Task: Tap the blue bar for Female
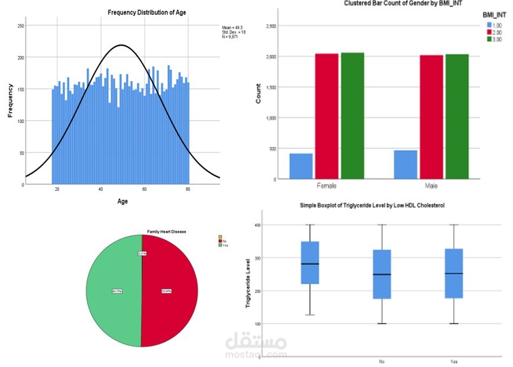(x=301, y=166)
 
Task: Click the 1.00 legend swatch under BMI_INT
(x=489, y=25)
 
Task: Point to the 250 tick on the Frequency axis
(x=21, y=26)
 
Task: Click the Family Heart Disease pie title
(x=166, y=232)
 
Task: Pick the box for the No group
(x=382, y=274)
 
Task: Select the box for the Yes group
(x=453, y=273)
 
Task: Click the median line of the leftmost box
(x=310, y=264)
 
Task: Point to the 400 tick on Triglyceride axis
(x=257, y=225)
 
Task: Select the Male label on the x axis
(x=431, y=186)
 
